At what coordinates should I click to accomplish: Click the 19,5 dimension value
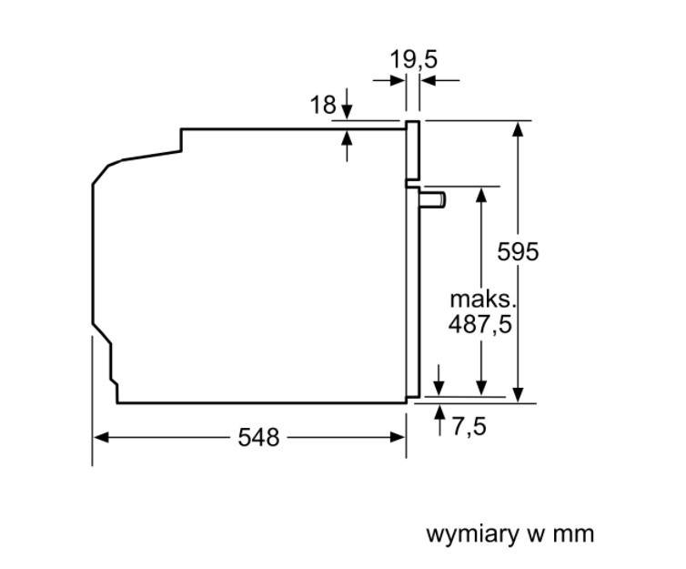414,59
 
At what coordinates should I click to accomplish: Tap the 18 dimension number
323,105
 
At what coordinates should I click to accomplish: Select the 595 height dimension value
518,252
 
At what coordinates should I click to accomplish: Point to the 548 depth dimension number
258,438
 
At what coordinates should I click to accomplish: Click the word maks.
483,299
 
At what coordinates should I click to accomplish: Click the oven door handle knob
435,198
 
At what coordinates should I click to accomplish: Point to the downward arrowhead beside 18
347,113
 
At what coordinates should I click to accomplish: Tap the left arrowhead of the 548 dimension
100,438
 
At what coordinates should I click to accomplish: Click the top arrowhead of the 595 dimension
518,128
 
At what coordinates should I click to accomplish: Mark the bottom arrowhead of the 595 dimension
518,394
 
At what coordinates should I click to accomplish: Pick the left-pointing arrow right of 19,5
428,81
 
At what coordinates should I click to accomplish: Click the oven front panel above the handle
412,150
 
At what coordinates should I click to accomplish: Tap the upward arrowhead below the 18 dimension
347,138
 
